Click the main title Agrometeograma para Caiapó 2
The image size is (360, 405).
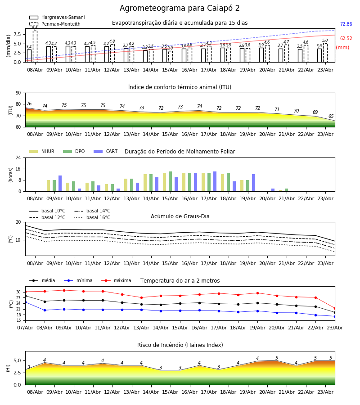pos(180,8)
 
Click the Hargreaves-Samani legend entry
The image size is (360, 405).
pos(57,17)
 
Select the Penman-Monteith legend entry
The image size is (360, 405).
pos(55,24)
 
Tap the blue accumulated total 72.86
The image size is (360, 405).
pos(346,24)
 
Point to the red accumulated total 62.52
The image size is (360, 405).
pos(346,39)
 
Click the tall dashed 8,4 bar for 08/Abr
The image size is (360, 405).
pos(35,46)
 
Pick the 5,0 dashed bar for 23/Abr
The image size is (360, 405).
pos(325,53)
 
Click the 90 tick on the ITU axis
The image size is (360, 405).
pos(18,93)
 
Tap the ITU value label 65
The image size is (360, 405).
pos(331,116)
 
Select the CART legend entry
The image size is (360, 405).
pos(106,151)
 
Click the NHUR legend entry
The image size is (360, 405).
pos(42,151)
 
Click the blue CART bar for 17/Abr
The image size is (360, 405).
pos(215,182)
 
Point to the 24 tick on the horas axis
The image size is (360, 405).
pos(18,157)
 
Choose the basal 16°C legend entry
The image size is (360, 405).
pos(92,217)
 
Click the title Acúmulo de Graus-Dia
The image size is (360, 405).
pos(180,216)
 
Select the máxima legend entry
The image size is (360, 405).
pos(116,280)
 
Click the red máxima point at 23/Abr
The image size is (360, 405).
pos(335,308)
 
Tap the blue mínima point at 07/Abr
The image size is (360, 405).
pos(25,302)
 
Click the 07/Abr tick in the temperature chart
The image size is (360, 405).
pos(25,328)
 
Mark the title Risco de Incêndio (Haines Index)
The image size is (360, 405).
pos(180,345)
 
